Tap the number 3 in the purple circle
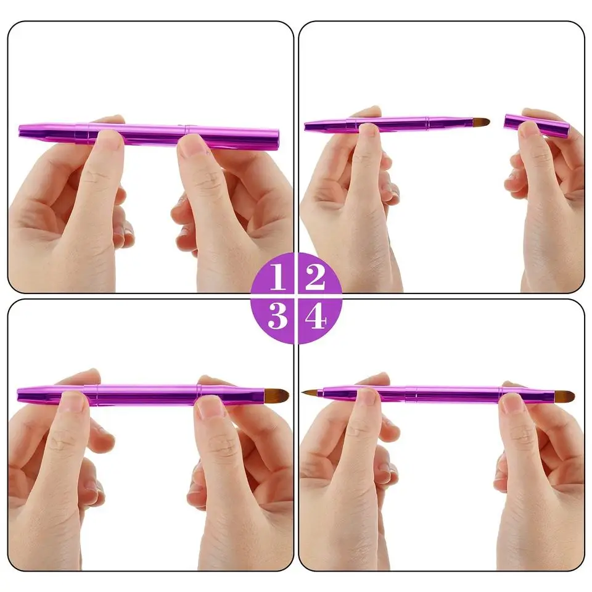277,316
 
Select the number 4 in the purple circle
315,317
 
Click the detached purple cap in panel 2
535,125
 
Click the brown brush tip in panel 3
278,395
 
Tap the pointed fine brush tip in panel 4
310,393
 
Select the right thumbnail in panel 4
512,403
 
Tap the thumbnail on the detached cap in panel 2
529,129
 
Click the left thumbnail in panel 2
369,129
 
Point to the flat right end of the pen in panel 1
276,139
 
